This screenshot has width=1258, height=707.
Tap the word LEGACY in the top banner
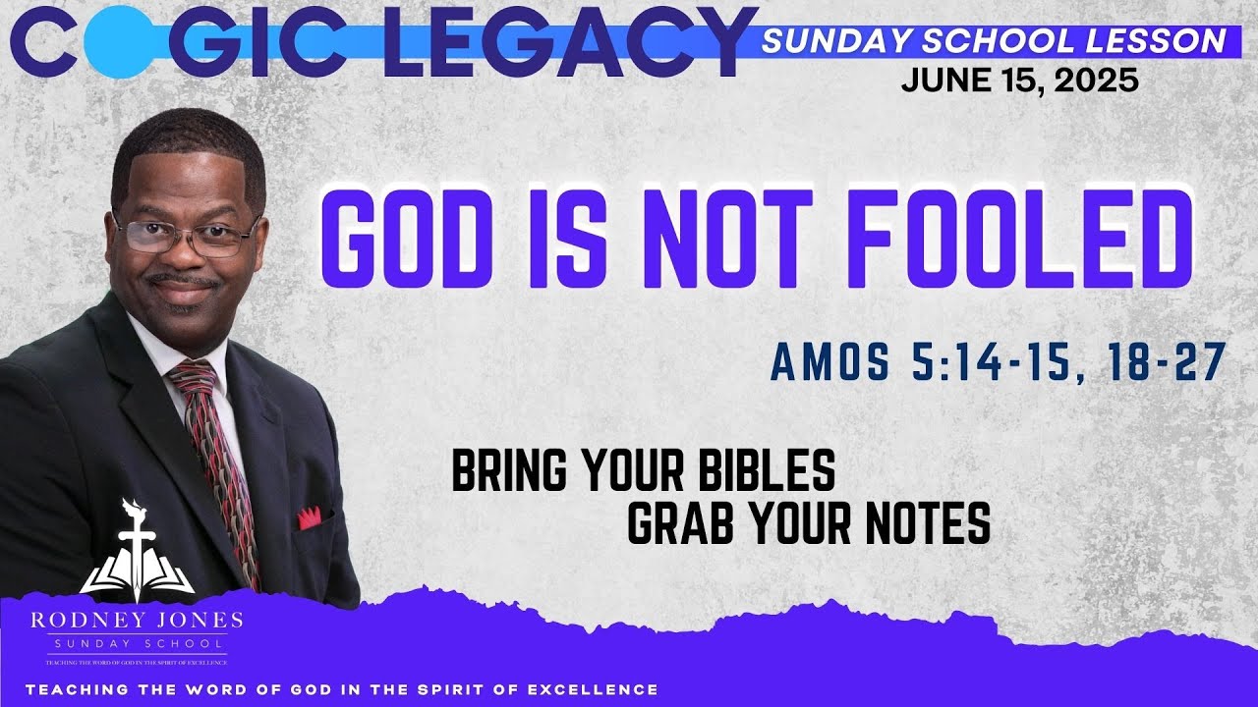(580, 41)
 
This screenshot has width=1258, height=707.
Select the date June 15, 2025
(1019, 81)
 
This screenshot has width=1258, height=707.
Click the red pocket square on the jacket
(310, 517)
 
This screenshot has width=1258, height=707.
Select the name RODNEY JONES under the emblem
(137, 620)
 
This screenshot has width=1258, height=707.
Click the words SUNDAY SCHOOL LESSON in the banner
(994, 40)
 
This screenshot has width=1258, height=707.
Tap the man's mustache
(184, 282)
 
